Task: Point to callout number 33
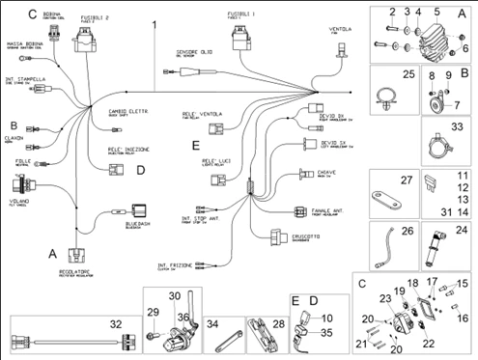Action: pos(458,125)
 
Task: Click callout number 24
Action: pos(460,230)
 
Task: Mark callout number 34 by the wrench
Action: pos(213,323)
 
